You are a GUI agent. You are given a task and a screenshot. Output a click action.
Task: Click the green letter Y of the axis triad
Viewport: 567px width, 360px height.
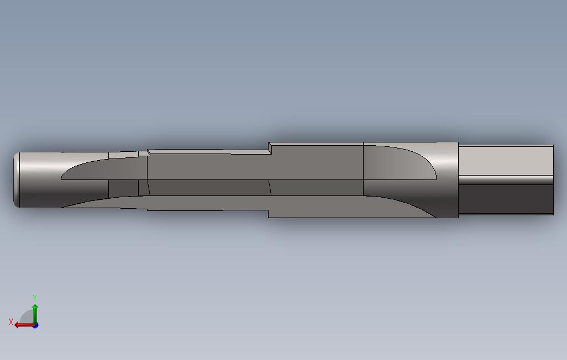[35, 298]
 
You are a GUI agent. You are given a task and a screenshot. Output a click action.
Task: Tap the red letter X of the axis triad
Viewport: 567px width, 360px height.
[11, 322]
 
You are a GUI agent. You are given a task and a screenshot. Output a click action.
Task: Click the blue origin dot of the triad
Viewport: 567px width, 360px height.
[35, 326]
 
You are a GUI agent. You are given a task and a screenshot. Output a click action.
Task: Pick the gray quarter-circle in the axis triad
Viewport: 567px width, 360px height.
[27, 317]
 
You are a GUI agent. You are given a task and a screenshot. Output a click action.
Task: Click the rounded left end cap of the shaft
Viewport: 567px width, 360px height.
[16, 179]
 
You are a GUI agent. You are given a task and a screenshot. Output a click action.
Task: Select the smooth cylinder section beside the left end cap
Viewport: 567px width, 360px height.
[40, 179]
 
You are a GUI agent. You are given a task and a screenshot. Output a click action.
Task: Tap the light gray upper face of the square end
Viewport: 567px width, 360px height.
[506, 160]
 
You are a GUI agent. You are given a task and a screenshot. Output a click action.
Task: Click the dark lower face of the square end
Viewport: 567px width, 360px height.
[506, 199]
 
